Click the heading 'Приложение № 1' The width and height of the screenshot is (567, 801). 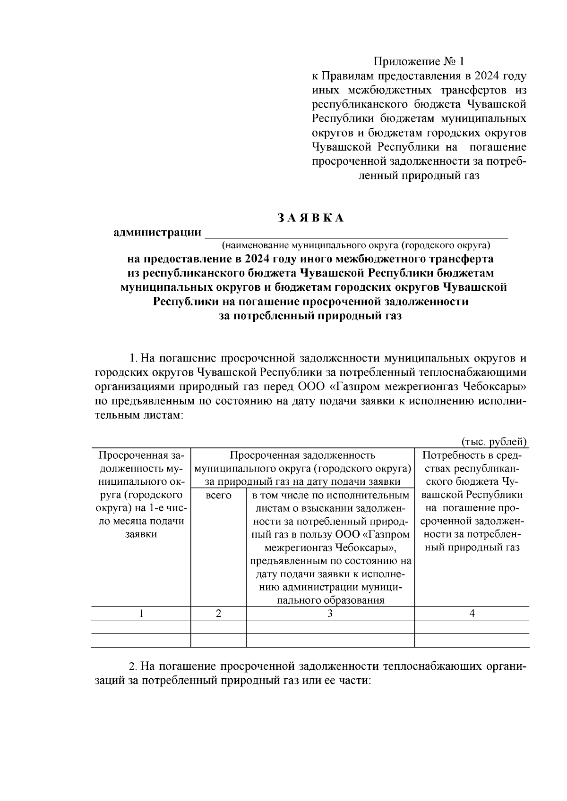(419, 62)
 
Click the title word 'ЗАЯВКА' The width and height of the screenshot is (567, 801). (310, 218)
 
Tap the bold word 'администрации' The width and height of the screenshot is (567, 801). (157, 233)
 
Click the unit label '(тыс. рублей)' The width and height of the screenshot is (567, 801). (494, 442)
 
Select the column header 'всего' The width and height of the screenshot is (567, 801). (218, 496)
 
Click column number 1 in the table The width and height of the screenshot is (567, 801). (141, 613)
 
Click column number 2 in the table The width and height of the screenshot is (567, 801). (218, 613)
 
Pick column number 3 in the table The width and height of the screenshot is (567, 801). (330, 613)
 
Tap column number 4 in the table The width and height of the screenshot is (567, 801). (472, 613)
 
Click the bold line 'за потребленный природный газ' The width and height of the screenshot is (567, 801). (310, 316)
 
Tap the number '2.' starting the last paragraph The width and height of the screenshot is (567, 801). (134, 667)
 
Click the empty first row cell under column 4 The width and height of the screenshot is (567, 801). (472, 627)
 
